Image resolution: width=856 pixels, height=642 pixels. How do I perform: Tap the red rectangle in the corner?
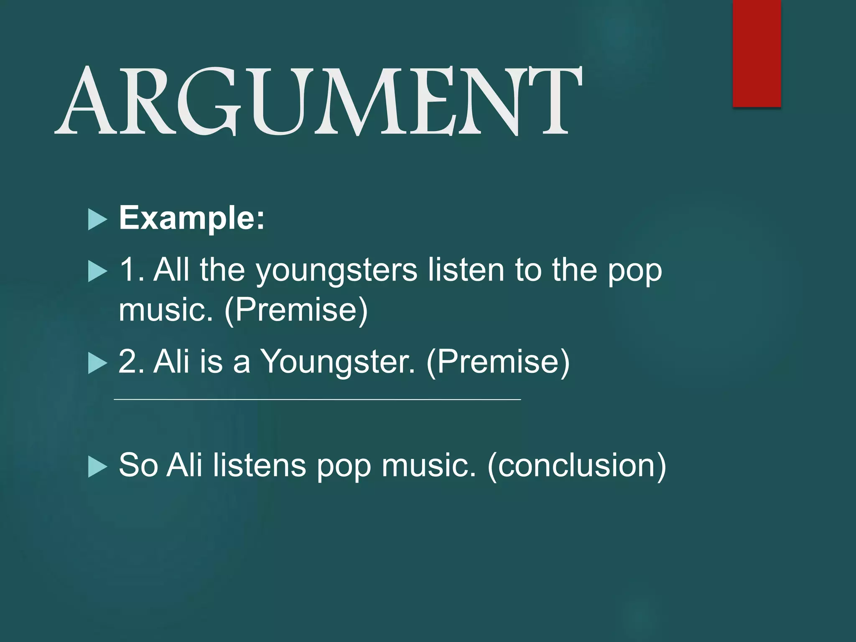757,53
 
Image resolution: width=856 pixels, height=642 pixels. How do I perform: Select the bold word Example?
192,218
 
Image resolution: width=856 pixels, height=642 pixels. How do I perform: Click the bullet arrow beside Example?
98,220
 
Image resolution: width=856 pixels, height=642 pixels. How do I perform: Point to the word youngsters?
336,271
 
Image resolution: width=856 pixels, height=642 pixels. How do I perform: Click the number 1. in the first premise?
132,270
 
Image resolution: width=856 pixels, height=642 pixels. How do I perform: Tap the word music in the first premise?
166,310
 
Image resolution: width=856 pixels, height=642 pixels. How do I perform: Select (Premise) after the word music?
296,310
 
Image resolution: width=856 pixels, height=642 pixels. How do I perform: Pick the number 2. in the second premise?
132,361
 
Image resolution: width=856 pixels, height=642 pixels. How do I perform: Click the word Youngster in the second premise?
338,361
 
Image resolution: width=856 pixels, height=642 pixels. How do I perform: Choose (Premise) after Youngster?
498,361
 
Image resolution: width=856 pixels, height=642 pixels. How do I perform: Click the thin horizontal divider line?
317,400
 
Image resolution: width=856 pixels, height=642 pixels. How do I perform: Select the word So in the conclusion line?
138,465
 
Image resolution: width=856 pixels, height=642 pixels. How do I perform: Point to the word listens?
260,465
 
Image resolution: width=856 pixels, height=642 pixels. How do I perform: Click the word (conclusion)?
576,465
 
